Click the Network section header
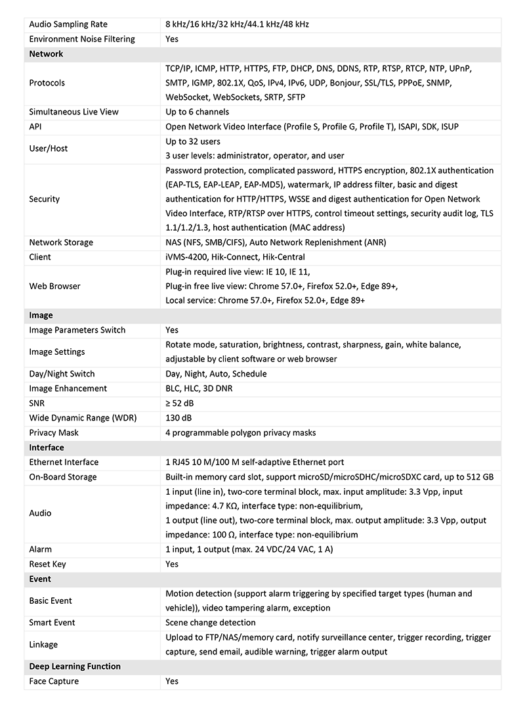46,54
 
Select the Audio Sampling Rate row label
68,24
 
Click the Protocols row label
47,83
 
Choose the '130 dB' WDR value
178,418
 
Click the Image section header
41,315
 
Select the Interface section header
47,447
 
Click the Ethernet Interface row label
64,462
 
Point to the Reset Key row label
47,564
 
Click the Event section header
40,579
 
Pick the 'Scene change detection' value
211,622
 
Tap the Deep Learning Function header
75,666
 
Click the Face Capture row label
54,681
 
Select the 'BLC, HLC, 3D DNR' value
199,388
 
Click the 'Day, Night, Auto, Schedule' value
216,374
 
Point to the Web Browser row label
55,286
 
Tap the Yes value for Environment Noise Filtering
172,39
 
